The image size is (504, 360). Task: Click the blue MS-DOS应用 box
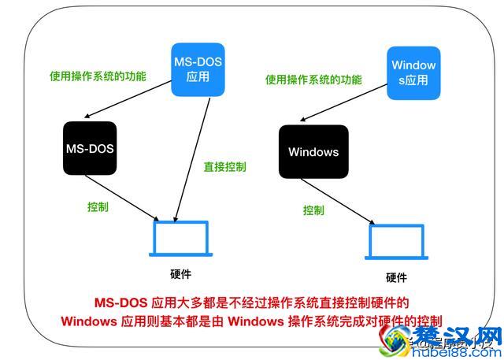point(198,69)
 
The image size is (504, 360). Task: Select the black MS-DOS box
point(90,148)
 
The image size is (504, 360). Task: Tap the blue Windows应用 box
point(413,72)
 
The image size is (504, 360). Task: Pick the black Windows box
point(313,151)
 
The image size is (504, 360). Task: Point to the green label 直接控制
point(224,167)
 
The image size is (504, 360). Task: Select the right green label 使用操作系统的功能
point(313,80)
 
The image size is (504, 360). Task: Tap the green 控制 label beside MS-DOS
point(98,207)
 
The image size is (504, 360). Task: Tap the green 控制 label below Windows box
point(313,210)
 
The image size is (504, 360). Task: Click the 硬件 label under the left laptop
point(180,274)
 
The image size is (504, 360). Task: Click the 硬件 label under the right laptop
point(396,277)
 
